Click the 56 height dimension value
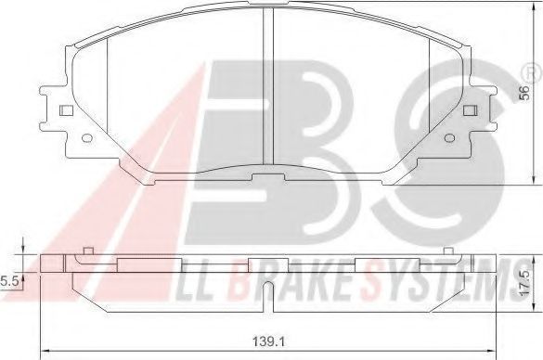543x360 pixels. tap(524, 93)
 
